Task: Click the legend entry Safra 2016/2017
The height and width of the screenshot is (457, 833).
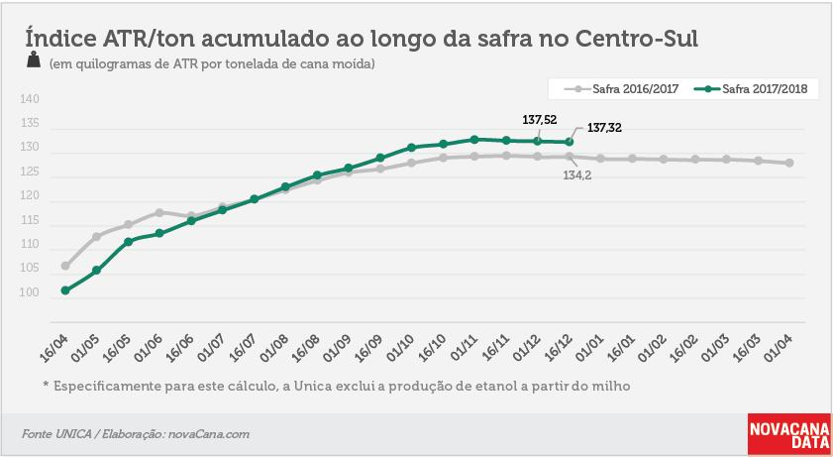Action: (x=622, y=89)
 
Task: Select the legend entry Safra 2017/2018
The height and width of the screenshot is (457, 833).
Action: (x=751, y=89)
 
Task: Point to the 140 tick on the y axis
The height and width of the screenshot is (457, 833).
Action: (x=30, y=99)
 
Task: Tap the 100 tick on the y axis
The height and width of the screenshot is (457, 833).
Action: (x=30, y=292)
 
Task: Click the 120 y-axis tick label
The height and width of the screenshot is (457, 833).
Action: (x=30, y=196)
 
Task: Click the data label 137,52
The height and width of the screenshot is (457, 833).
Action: (x=540, y=120)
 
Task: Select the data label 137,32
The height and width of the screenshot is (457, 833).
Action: (x=604, y=128)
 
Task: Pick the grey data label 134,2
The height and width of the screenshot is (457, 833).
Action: (x=576, y=175)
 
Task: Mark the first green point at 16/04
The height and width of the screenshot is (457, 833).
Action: (x=65, y=290)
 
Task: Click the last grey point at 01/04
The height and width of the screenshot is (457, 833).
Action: (x=789, y=163)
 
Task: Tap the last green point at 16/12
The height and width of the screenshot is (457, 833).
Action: (x=569, y=142)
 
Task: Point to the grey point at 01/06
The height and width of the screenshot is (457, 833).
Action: (x=159, y=212)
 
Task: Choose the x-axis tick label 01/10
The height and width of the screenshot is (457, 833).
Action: (x=400, y=348)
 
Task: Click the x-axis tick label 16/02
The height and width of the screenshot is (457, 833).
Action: (x=683, y=348)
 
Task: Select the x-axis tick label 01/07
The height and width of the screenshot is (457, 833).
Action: (x=211, y=348)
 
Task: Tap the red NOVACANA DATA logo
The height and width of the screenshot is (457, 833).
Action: (x=788, y=434)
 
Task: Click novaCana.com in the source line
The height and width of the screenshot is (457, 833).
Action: (x=209, y=434)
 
